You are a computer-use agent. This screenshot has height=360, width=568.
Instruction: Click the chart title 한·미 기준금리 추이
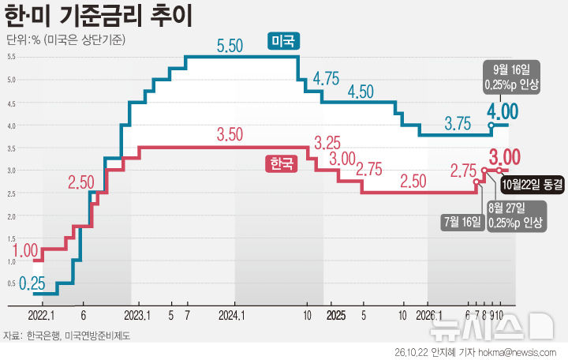point(98,16)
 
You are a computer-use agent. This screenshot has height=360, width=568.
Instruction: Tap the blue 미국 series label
point(283,41)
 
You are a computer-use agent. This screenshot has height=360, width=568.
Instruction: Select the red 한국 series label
point(282,163)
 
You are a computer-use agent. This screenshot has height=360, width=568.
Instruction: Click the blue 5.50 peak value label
point(230,46)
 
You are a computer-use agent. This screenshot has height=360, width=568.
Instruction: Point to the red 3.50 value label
point(230,134)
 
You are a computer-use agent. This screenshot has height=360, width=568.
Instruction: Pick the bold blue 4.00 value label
point(503,111)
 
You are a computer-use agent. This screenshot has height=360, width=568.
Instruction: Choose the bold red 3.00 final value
point(505,157)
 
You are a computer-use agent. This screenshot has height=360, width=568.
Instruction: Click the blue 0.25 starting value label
point(32,283)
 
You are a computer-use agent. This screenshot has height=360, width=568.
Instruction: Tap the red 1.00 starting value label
point(25,250)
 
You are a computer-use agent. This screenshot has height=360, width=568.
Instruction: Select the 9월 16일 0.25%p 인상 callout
point(511,77)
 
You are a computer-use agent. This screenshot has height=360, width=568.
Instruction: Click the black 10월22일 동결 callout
point(532,185)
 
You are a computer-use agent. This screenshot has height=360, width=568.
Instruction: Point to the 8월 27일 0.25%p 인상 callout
point(515,216)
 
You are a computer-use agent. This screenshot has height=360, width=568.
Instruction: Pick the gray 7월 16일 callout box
point(462,222)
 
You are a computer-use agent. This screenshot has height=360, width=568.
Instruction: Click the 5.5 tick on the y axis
point(11,57)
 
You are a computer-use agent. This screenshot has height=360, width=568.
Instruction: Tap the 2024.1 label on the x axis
point(232,316)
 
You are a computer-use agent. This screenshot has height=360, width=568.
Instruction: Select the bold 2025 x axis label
point(336,316)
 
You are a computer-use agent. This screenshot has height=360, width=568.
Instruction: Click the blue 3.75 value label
point(458,124)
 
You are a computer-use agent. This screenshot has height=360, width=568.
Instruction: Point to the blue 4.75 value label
point(326,78)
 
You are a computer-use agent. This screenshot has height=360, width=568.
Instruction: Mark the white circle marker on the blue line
point(491,126)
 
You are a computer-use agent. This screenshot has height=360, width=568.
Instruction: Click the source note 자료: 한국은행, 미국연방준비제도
point(66,336)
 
